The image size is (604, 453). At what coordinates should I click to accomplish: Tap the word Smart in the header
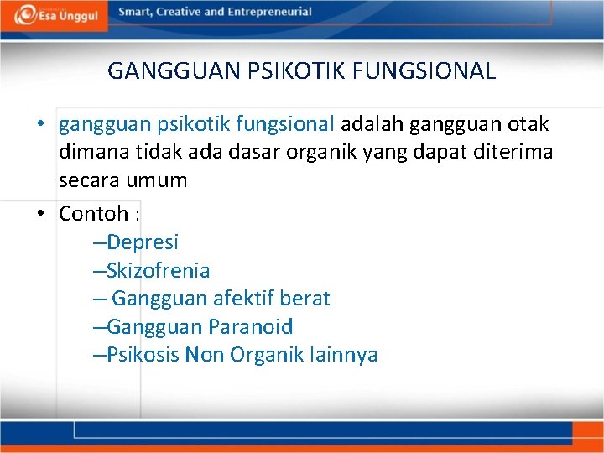pos(135,13)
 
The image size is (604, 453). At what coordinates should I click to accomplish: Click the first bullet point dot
pos(40,126)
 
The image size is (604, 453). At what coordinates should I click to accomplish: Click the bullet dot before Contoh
pos(40,215)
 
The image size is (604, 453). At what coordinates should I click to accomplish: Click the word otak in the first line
pos(527,125)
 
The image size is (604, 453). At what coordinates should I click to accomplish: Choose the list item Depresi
pos(143,242)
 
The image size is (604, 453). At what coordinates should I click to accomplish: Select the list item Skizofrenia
pos(159,270)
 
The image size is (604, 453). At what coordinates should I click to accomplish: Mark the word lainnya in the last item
pos(342,354)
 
